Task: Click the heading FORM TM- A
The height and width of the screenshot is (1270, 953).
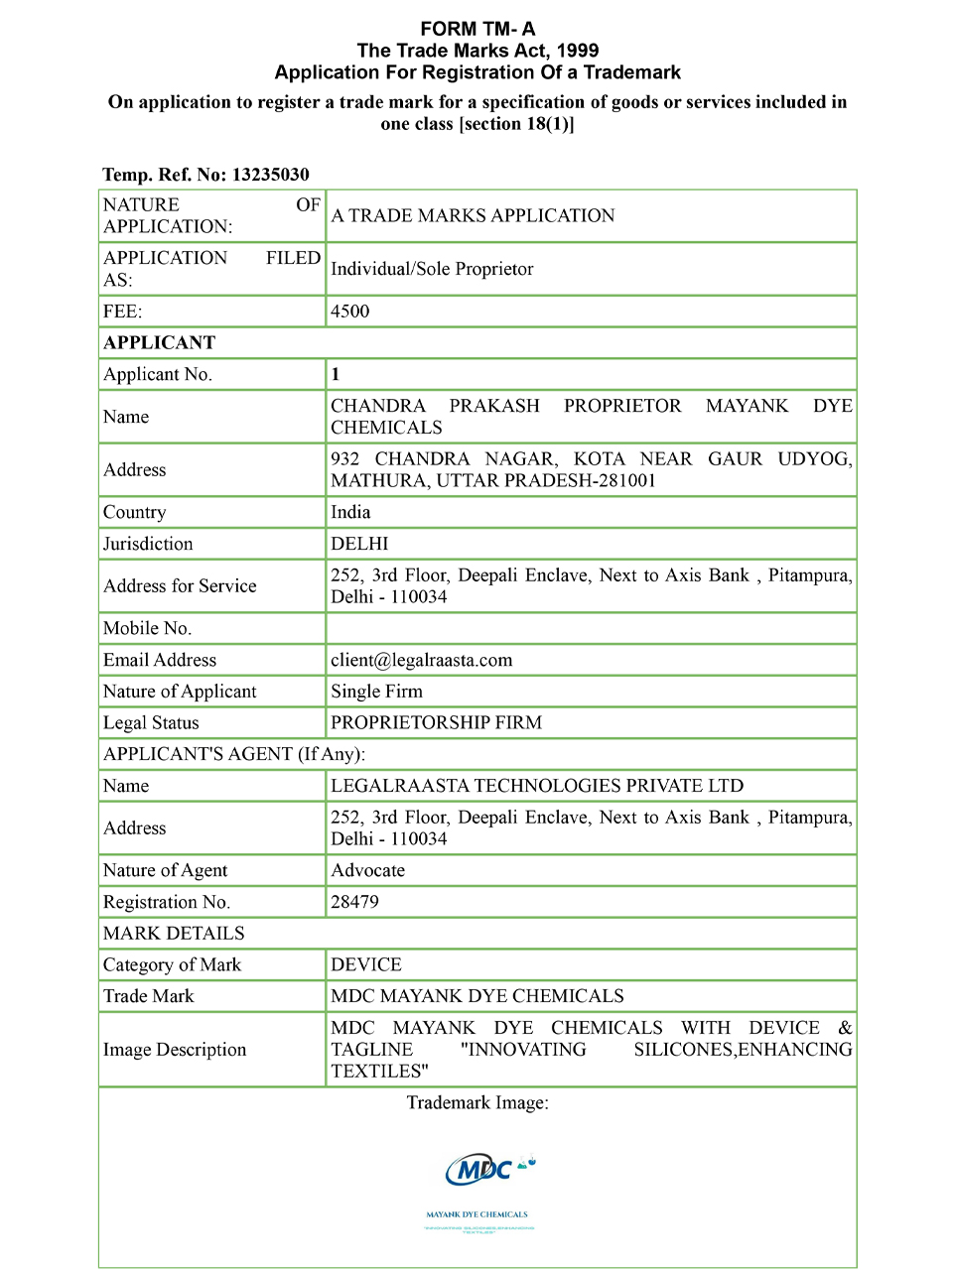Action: click(x=477, y=29)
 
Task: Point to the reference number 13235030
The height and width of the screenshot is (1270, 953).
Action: click(x=271, y=175)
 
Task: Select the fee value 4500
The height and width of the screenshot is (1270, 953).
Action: click(x=349, y=312)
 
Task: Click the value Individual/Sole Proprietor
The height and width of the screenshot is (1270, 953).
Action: click(x=432, y=269)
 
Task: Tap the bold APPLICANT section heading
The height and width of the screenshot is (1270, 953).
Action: click(x=159, y=343)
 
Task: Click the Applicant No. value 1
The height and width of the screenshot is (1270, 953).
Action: click(x=336, y=374)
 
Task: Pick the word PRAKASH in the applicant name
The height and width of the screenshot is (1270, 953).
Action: click(x=494, y=406)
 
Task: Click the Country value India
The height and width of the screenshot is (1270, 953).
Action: click(x=350, y=512)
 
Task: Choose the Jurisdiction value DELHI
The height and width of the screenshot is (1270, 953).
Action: click(x=359, y=544)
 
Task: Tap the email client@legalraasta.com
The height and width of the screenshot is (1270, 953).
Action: click(x=421, y=660)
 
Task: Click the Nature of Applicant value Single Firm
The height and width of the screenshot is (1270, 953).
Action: click(x=376, y=692)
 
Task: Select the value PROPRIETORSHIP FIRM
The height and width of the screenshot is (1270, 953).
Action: click(x=436, y=722)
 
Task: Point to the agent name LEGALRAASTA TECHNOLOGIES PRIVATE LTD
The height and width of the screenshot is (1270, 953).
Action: click(x=536, y=786)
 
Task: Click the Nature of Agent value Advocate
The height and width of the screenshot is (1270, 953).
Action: click(x=367, y=870)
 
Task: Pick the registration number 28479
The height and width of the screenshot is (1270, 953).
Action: click(x=354, y=902)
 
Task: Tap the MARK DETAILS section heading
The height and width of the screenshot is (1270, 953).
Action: click(x=174, y=934)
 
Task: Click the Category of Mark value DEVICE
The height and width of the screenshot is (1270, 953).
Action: click(x=366, y=964)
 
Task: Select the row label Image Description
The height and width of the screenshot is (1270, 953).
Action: click(x=175, y=1050)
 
